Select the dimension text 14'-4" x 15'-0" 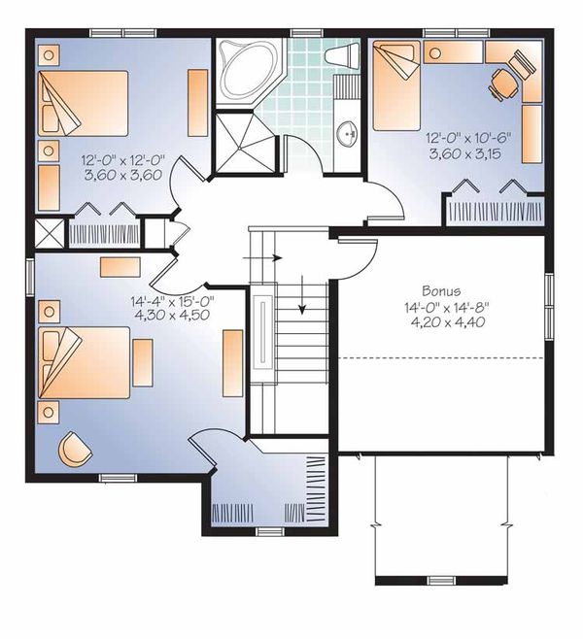(x=172, y=301)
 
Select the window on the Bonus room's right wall (x=549, y=291)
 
